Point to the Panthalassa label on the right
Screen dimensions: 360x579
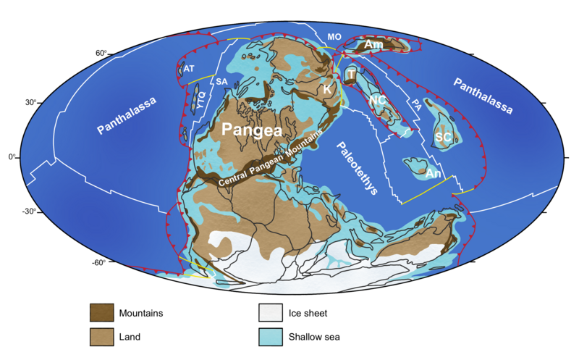click(x=483, y=96)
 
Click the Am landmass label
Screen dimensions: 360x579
click(x=373, y=45)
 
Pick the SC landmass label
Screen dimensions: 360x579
click(x=443, y=135)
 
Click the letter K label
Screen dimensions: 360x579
click(x=327, y=90)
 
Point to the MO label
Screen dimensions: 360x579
click(x=334, y=35)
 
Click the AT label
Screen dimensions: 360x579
click(x=189, y=68)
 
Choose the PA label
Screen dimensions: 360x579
click(x=416, y=106)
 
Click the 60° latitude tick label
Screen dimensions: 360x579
click(x=101, y=53)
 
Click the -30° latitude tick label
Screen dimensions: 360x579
click(x=29, y=212)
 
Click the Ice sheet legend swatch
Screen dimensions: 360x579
click(x=271, y=314)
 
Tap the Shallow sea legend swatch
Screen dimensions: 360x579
click(x=271, y=337)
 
